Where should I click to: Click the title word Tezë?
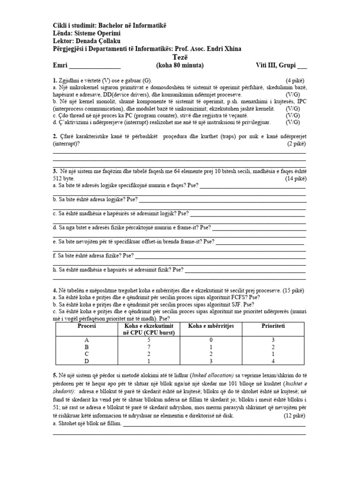pos(180,57)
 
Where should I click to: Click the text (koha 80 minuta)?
pos(180,66)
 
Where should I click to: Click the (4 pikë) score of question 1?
pos(295,80)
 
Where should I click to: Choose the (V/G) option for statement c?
pos(295,115)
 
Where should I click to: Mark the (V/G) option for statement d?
pos(295,122)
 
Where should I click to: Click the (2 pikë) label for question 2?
pos(296,144)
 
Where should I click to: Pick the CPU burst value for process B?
pos(149,347)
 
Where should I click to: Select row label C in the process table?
pos(86,354)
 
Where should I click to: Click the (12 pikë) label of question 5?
pos(295,416)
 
